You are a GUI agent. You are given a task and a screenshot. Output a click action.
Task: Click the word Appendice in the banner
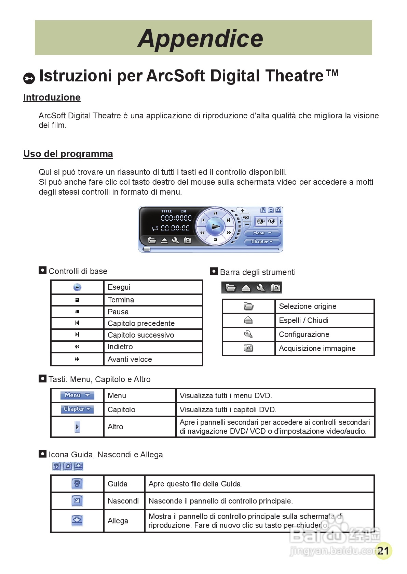[201, 38]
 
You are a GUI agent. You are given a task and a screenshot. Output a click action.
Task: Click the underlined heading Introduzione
[52, 97]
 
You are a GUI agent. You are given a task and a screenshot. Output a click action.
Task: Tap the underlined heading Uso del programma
[68, 154]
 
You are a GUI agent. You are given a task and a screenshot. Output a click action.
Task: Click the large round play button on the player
[215, 226]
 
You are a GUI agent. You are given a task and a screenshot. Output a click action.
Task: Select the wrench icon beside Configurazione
[248, 334]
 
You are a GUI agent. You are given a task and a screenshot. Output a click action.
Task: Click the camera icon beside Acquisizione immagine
[248, 348]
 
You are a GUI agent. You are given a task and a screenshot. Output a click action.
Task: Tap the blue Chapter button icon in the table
[77, 409]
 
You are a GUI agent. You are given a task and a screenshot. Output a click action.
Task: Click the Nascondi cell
[123, 501]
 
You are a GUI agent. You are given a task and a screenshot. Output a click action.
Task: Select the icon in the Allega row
[77, 521]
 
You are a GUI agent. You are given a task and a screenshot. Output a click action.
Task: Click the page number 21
[383, 551]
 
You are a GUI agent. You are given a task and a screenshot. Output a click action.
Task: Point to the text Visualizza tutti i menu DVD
[226, 396]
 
